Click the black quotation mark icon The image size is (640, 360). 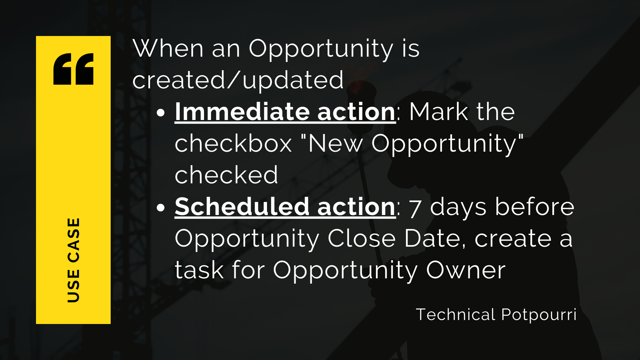pos(73,69)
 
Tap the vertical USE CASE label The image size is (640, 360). pos(73,260)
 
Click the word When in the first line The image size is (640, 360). pos(168,49)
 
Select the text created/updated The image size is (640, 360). pos(238,80)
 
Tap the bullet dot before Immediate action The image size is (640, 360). pos(161,113)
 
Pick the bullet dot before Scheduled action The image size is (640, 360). pos(161,208)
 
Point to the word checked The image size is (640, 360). pos(226,175)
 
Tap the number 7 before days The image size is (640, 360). pos(415,208)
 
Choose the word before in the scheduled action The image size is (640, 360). pos(535,207)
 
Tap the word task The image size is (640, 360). pos(199,270)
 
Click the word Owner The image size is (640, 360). pos(466,270)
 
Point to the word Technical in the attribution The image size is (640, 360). pos(456,314)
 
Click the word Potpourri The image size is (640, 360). pos(539,315)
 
